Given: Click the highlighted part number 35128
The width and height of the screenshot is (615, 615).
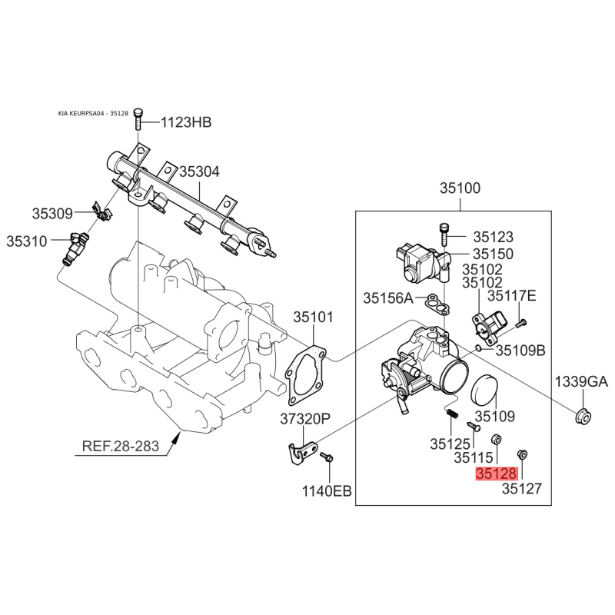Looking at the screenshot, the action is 497,474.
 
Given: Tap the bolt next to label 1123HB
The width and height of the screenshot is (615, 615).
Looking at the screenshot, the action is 138,119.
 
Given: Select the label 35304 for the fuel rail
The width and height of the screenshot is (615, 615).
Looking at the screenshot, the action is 200,171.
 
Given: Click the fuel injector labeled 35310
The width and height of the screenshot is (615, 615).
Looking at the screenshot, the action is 75,248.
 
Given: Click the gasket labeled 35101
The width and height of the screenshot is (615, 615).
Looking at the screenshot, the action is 306,375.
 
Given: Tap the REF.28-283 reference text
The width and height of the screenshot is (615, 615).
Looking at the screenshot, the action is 121,447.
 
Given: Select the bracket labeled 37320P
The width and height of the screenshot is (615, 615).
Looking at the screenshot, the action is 304,452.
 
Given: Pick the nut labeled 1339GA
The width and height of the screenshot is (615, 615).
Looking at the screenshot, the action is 583,416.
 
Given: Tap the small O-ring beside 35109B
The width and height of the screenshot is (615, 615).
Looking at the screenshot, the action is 478,348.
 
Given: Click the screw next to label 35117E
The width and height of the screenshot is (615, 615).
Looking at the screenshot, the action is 520,324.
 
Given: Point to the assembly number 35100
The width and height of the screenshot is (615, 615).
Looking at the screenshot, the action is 460,188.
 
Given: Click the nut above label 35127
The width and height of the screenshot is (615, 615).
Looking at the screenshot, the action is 522,455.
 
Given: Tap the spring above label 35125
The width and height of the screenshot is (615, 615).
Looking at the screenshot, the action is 452,414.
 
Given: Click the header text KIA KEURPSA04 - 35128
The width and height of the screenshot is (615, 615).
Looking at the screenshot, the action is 93,113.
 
